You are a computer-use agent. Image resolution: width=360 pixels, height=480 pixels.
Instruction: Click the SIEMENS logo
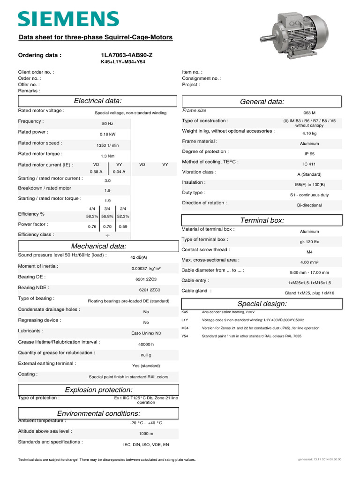tap(68, 19)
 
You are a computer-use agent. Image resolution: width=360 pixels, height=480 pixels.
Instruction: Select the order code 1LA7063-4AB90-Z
tap(123, 55)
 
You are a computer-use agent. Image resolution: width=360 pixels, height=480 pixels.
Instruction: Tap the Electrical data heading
tap(98, 101)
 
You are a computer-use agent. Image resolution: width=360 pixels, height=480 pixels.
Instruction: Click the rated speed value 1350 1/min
tap(107, 145)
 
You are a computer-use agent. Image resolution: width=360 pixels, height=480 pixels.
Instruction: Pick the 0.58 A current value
tap(96, 172)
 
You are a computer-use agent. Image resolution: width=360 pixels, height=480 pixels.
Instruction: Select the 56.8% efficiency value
tap(107, 217)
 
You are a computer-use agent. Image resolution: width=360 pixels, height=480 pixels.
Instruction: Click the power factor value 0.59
tap(123, 227)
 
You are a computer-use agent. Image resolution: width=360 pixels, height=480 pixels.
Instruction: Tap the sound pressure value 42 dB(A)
tap(138, 257)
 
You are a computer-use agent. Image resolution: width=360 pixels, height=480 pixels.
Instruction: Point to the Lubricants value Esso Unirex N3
tap(146, 333)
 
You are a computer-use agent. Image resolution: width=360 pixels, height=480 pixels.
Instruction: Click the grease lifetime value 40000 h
tap(146, 344)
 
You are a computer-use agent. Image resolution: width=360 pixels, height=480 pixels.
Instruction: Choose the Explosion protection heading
tap(98, 390)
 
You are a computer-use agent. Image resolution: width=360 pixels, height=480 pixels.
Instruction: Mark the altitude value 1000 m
tap(146, 434)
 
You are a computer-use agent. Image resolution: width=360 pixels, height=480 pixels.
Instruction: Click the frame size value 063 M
tap(309, 113)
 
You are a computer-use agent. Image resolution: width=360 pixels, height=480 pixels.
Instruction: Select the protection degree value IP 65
tap(309, 154)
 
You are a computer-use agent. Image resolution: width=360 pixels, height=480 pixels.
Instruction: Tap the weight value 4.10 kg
tap(309, 134)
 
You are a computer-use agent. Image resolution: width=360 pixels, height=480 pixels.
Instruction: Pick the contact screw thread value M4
tap(309, 252)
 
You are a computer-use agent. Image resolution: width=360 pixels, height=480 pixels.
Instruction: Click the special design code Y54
tap(185, 336)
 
